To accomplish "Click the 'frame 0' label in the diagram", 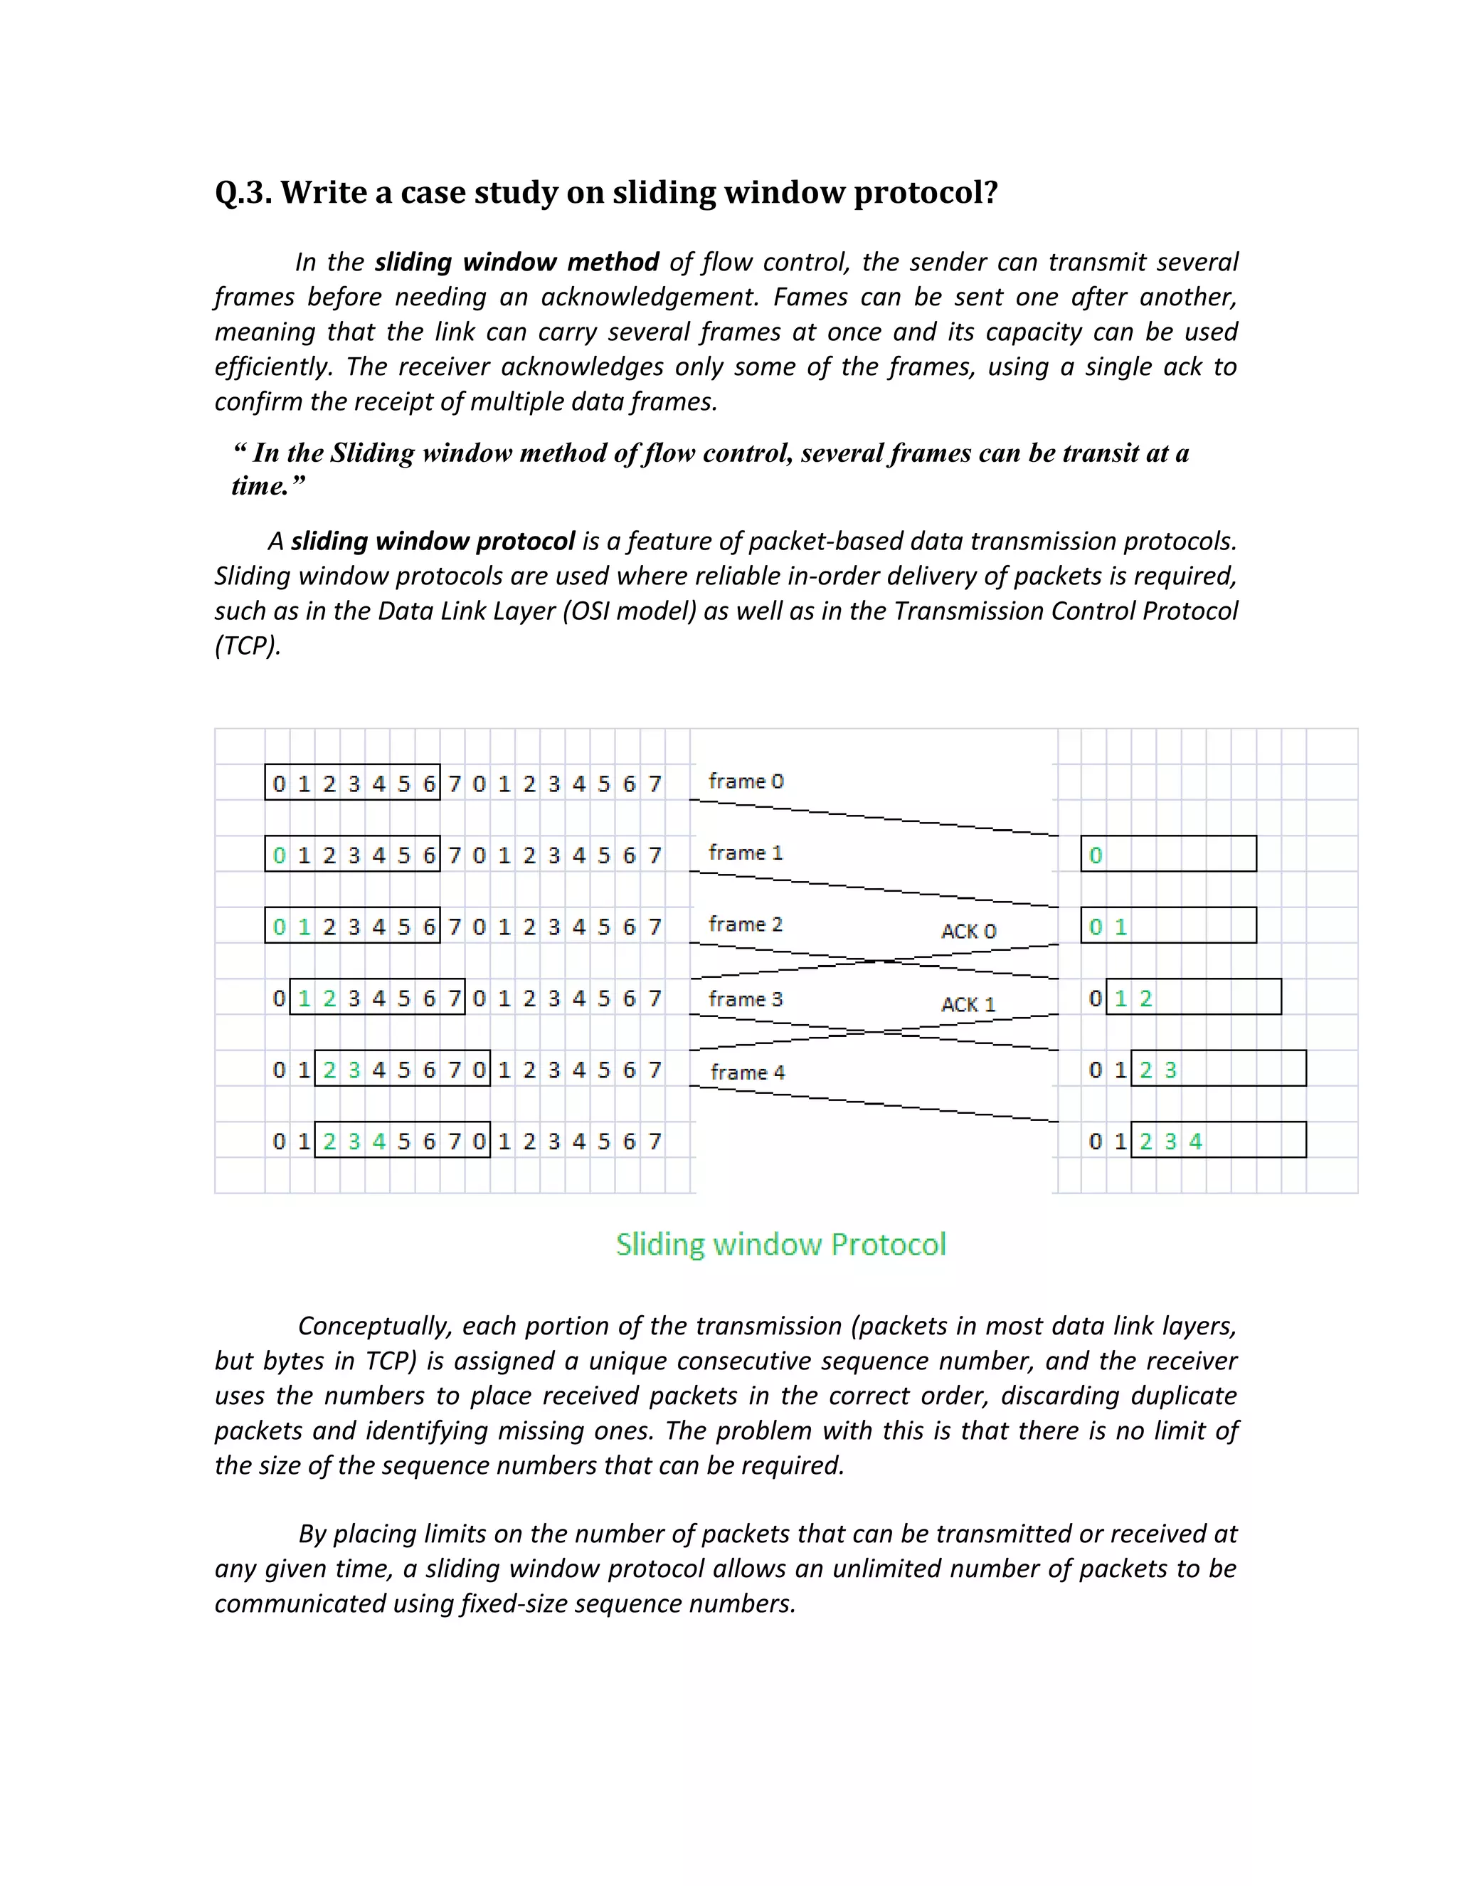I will [x=746, y=781].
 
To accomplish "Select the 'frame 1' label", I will [x=746, y=853].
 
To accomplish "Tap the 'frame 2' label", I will [x=746, y=925].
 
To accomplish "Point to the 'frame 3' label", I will [x=746, y=999].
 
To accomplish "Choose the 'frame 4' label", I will [x=748, y=1073].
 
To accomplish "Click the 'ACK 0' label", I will [x=968, y=932].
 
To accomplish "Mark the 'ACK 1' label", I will [x=968, y=1005].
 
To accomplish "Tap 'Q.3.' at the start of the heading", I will [x=243, y=193].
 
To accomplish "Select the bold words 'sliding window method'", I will [x=516, y=263].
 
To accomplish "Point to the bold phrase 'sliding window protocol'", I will [x=433, y=542].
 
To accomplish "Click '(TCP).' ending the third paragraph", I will [x=248, y=646].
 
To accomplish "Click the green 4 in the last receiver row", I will [x=1195, y=1142].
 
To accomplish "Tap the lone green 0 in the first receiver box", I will [x=1096, y=855].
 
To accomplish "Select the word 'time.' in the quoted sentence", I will [x=260, y=487].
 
